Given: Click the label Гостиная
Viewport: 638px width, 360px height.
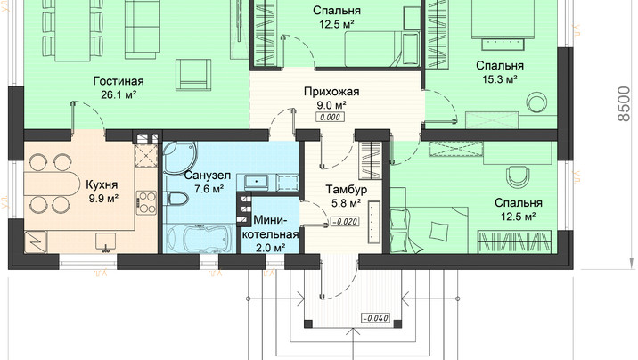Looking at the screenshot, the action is (x=119, y=81).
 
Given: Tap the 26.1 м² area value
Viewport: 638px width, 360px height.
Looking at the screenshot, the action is (x=119, y=94).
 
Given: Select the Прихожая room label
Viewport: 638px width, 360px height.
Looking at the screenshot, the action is (x=331, y=92).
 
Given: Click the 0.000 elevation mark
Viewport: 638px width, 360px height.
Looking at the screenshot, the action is (x=331, y=117).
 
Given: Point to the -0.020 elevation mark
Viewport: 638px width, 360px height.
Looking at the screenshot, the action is (x=345, y=222).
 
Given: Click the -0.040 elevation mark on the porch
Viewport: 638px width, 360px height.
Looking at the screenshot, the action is (x=375, y=318).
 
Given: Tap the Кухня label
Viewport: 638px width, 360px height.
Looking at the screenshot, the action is (x=102, y=185).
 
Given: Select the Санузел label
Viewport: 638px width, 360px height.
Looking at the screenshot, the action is (x=208, y=176).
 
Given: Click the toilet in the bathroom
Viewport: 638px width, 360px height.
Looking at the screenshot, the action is (x=178, y=200).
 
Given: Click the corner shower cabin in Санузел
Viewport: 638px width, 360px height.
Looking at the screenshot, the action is (x=179, y=159).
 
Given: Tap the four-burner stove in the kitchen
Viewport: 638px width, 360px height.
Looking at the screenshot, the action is (x=146, y=203).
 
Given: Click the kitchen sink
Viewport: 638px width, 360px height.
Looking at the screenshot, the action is (x=106, y=241).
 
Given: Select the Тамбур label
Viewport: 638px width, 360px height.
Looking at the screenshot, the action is (x=347, y=190).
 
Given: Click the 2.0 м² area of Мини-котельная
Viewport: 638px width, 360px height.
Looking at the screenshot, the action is (x=271, y=248).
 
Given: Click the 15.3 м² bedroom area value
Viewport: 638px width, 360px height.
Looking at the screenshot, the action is (x=500, y=79).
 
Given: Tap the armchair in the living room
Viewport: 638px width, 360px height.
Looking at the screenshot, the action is (x=194, y=75).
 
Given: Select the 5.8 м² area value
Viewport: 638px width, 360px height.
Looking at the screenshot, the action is (x=347, y=203).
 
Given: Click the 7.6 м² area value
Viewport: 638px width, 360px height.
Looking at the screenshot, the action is (x=209, y=189).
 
